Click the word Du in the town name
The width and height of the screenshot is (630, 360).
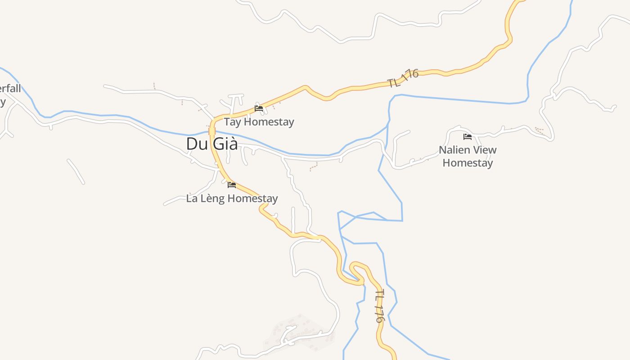point(196,144)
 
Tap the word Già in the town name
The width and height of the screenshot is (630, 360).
point(225,144)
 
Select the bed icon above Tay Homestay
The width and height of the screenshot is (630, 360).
point(259,108)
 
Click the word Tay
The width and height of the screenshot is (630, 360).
point(232,122)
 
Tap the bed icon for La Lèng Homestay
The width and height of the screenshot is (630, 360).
point(232,184)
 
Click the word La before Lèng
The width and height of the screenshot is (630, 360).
point(192,198)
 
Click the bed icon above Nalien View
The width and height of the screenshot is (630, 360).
point(468,136)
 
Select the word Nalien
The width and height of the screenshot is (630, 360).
point(455,150)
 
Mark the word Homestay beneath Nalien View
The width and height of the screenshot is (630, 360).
point(468,163)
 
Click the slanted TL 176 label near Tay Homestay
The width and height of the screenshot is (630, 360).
point(403,78)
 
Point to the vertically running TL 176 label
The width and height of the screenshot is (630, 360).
point(380,306)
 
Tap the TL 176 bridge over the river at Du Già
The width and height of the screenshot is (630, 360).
point(212,131)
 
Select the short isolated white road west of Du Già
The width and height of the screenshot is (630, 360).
point(76,171)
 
